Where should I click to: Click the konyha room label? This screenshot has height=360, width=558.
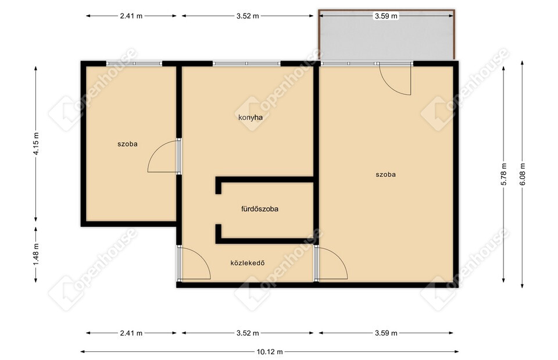click(x=251, y=117)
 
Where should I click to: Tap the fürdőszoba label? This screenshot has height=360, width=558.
click(x=260, y=209)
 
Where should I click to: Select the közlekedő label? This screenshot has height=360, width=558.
click(x=248, y=263)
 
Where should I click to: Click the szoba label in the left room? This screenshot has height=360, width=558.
click(x=127, y=144)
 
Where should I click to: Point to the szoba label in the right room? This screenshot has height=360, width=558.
click(x=386, y=174)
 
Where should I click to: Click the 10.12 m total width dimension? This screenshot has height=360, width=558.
click(x=270, y=352)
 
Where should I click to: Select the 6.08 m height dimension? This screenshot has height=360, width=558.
click(x=522, y=174)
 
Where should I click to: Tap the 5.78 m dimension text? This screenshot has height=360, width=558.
click(x=503, y=174)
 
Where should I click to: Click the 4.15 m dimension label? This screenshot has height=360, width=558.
click(x=36, y=144)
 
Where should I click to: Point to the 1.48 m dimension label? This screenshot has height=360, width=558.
click(x=36, y=254)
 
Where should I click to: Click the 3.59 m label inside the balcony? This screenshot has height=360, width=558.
click(x=386, y=16)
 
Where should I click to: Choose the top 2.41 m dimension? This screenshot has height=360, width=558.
click(x=131, y=16)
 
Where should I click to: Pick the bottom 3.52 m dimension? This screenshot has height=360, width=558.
click(x=248, y=333)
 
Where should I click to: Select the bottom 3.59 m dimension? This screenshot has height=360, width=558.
click(x=386, y=333)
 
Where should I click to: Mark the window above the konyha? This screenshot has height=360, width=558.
click(x=246, y=64)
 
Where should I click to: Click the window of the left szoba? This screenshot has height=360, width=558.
click(x=134, y=64)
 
